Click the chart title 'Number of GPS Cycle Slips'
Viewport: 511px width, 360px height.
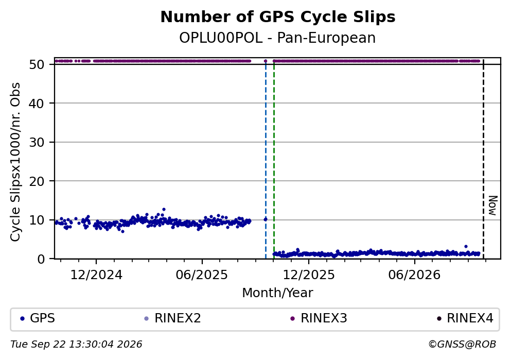point(278,17)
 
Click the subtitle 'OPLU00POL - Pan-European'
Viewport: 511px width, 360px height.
point(277,38)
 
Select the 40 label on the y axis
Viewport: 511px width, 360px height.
point(37,104)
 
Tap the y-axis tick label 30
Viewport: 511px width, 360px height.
point(37,142)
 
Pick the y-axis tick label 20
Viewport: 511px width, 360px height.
point(37,181)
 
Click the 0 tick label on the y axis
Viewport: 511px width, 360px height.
point(41,259)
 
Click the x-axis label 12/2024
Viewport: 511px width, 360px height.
point(96,275)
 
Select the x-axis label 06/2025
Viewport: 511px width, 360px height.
point(202,275)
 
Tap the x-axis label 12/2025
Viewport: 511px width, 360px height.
point(309,275)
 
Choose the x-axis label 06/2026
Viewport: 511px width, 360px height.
point(414,275)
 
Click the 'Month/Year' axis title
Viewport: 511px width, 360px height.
point(277,293)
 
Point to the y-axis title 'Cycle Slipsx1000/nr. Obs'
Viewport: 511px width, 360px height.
point(15,162)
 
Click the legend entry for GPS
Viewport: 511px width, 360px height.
point(37,318)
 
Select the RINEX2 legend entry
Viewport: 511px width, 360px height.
point(173,318)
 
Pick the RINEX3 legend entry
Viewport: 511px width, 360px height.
point(319,318)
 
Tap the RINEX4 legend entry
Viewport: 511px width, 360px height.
point(465,318)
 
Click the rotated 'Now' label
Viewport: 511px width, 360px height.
point(493,205)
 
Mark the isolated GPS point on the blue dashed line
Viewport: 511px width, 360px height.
point(265,219)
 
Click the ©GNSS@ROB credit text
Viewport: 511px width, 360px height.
point(462,345)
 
